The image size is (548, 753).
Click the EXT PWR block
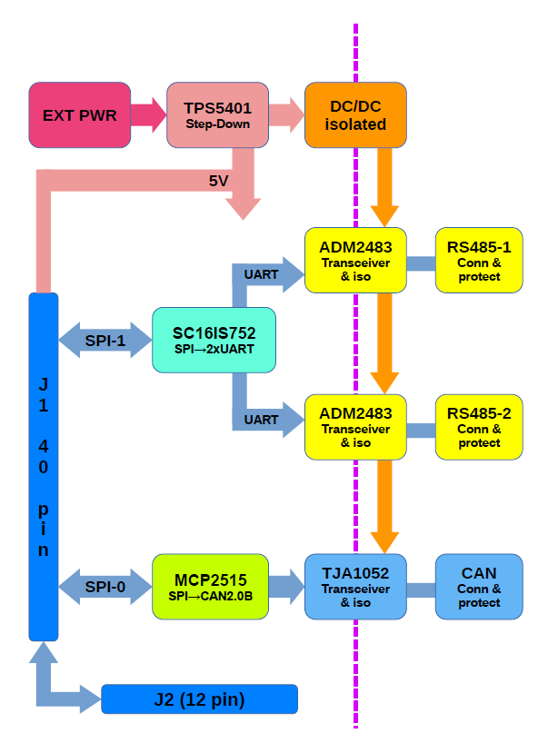click(80, 115)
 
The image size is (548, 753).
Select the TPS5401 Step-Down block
click(211, 115)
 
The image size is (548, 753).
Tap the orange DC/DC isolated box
click(355, 115)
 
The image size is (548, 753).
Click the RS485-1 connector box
click(479, 260)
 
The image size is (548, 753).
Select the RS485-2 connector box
click(479, 427)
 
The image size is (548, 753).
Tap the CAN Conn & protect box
click(479, 587)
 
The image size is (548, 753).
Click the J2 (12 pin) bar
click(199, 699)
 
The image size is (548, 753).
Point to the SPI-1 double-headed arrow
click(105, 340)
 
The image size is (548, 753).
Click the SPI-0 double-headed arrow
click(105, 587)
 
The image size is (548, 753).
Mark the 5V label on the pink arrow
click(218, 181)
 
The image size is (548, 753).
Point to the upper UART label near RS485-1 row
click(261, 273)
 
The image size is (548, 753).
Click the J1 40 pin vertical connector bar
click(44, 467)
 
